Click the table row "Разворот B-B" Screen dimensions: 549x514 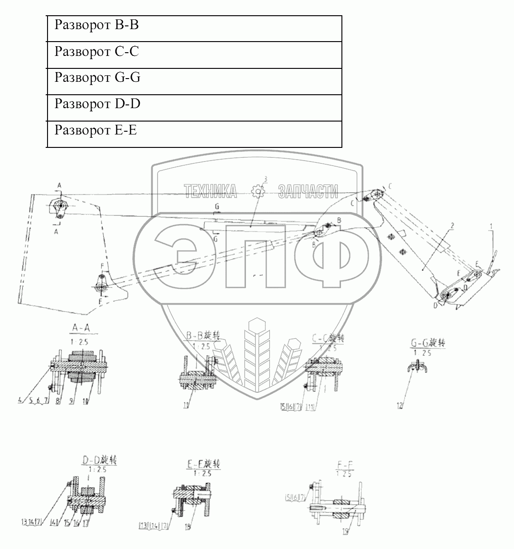pos(194,28)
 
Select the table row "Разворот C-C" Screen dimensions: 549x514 pos(194,55)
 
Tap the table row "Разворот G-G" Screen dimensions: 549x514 pos(194,81)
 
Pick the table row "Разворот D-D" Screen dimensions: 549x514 pos(194,108)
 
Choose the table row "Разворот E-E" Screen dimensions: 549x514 pos(194,134)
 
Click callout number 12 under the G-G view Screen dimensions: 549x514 pos(400,406)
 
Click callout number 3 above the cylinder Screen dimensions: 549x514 pos(266,178)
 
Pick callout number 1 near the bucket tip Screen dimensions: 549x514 pos(491,226)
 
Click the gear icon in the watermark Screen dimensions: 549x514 pos(257,191)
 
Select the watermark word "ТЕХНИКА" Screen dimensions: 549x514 pos(210,191)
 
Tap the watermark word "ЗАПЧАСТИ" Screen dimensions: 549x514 pos(307,191)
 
